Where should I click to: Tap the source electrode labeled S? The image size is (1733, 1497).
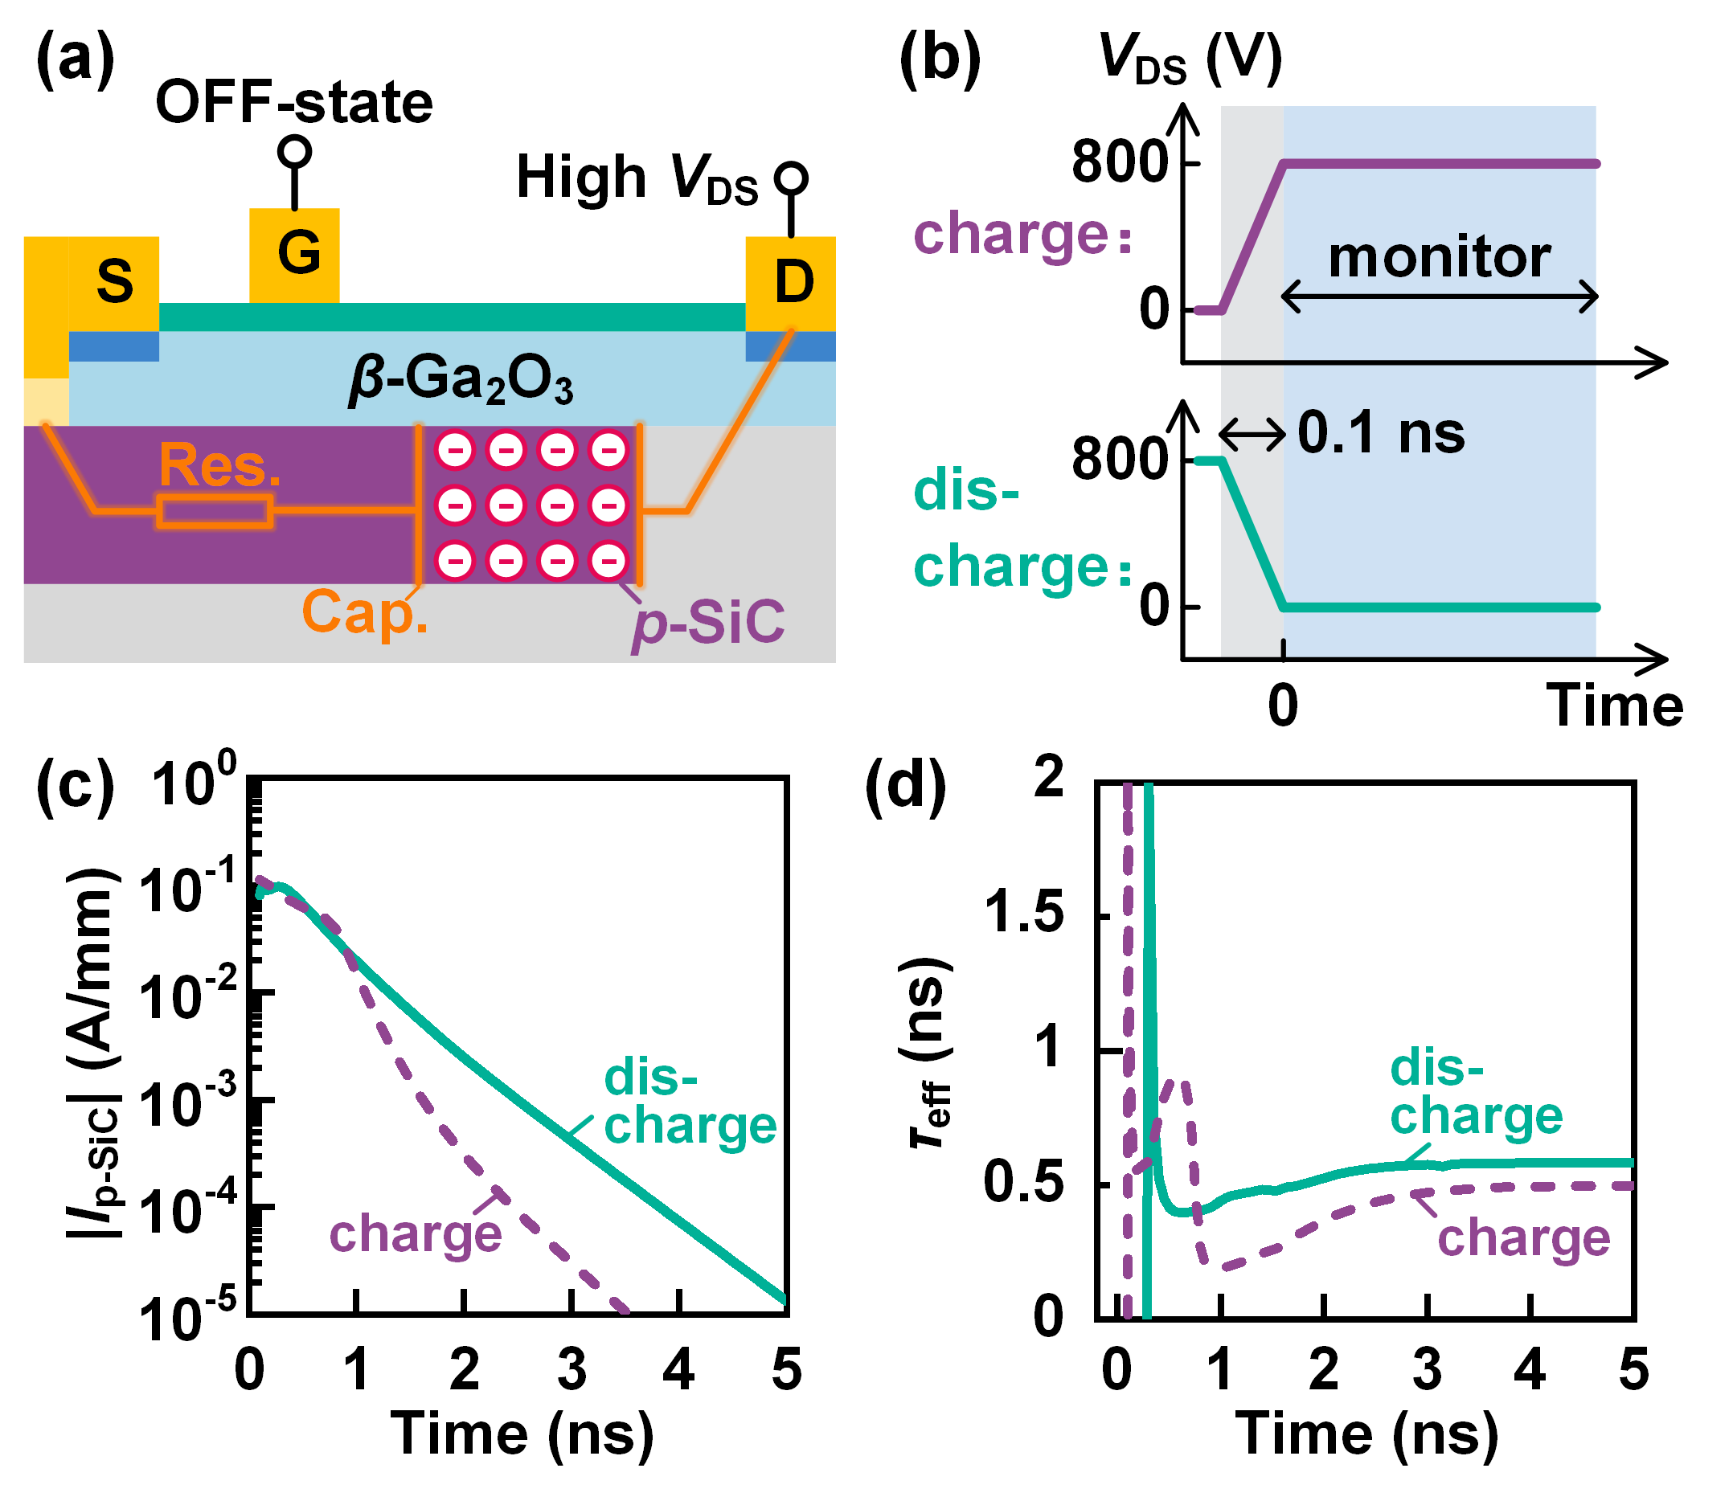(x=114, y=283)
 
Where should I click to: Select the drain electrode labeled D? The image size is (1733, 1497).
(x=791, y=283)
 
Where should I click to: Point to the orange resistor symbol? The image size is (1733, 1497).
(x=215, y=512)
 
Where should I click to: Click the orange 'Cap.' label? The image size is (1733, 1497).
(x=365, y=612)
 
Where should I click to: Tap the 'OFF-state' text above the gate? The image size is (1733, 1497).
(x=294, y=102)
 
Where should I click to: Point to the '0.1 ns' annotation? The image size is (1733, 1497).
(x=1381, y=433)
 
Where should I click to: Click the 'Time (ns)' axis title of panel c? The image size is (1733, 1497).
(x=522, y=1434)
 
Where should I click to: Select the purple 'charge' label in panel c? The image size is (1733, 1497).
(x=416, y=1233)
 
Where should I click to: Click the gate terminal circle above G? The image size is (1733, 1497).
(x=294, y=151)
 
